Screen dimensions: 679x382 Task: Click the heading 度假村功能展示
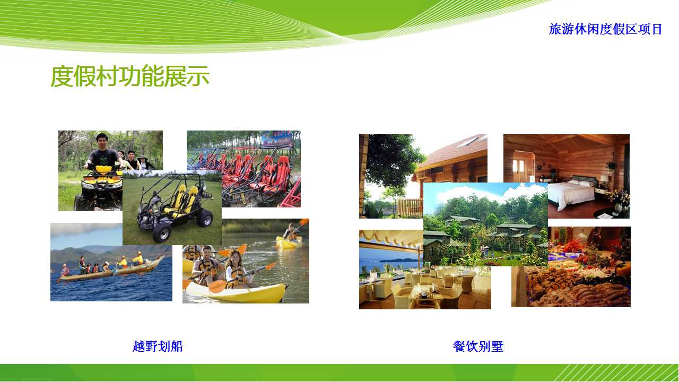click(x=130, y=76)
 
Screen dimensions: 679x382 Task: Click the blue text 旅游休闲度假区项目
click(x=605, y=29)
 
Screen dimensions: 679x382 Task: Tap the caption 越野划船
click(x=158, y=346)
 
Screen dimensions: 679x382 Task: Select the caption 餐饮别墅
click(x=478, y=346)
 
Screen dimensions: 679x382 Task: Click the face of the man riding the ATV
click(x=102, y=141)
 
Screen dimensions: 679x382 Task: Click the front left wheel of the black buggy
click(x=161, y=233)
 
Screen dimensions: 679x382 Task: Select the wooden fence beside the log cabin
click(x=409, y=207)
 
